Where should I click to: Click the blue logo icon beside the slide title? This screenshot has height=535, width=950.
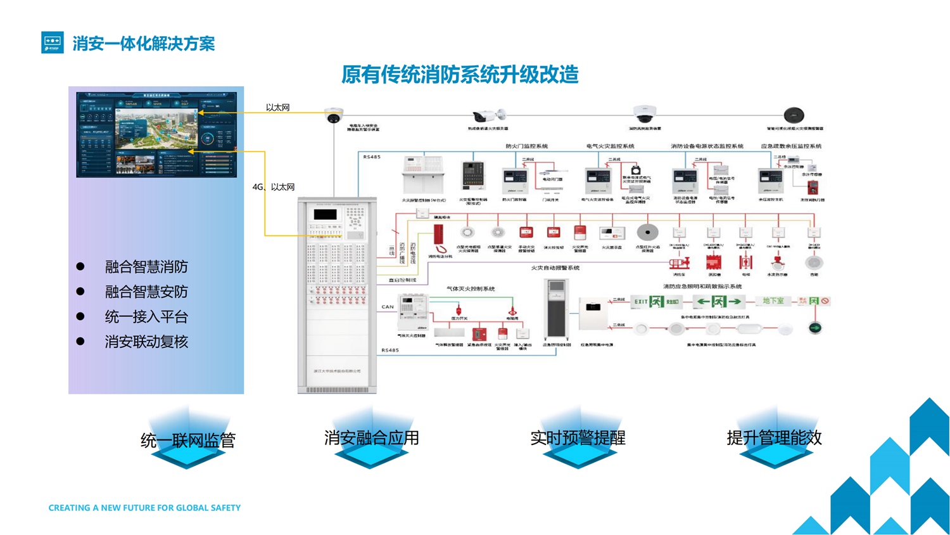click(x=52, y=42)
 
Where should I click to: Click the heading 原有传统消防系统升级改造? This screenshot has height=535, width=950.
click(x=460, y=75)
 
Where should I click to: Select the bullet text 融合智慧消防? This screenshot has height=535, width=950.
click(x=146, y=267)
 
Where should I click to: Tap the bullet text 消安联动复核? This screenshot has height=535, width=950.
click(x=146, y=342)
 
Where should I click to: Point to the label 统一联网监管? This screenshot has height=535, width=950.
click(x=187, y=440)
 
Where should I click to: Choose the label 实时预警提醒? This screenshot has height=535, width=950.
click(x=578, y=437)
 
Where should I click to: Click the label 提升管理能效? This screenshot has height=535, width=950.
click(x=774, y=437)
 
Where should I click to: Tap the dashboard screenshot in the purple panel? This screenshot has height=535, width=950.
click(x=156, y=134)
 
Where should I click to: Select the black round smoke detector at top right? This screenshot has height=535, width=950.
click(x=794, y=115)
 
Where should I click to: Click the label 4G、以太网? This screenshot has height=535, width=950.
click(x=274, y=187)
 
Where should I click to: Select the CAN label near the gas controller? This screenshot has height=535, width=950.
click(x=388, y=307)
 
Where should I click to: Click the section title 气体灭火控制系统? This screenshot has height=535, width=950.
click(x=471, y=289)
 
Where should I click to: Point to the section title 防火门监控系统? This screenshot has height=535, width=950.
click(x=526, y=146)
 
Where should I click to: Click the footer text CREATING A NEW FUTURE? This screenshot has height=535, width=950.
click(x=144, y=508)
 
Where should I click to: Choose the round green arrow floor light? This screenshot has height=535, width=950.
click(x=815, y=328)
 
